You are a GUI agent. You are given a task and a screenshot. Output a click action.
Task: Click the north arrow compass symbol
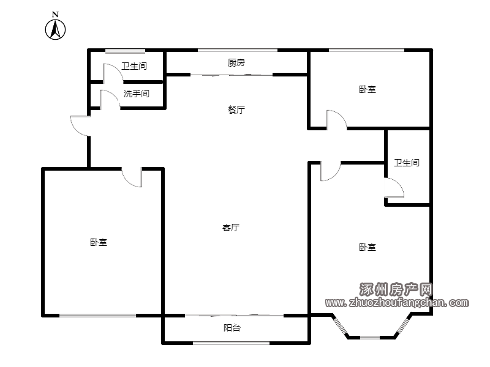click(55, 29)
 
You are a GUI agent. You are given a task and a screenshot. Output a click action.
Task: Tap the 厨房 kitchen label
click(236, 63)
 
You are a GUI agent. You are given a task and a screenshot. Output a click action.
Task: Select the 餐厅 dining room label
click(236, 109)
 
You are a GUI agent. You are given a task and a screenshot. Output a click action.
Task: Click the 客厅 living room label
click(231, 228)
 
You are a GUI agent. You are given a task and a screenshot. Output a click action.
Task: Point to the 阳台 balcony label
click(232, 328)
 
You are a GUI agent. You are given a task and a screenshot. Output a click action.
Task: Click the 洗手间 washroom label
click(136, 94)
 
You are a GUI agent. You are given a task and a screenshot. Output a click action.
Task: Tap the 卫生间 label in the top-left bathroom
click(134, 66)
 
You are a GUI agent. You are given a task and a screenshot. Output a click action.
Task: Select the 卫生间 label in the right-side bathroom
click(406, 163)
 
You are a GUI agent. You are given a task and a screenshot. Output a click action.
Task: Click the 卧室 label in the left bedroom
click(99, 242)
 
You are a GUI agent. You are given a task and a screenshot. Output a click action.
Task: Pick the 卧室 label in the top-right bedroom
click(367, 89)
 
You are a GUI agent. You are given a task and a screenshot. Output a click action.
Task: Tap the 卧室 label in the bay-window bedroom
click(367, 247)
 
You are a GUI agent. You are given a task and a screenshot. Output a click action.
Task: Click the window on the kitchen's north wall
click(238, 50)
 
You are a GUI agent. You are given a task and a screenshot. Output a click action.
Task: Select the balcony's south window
click(232, 343)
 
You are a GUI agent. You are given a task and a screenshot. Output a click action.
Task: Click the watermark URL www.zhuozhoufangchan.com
click(397, 302)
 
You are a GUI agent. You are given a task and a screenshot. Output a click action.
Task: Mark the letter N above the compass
click(55, 14)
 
